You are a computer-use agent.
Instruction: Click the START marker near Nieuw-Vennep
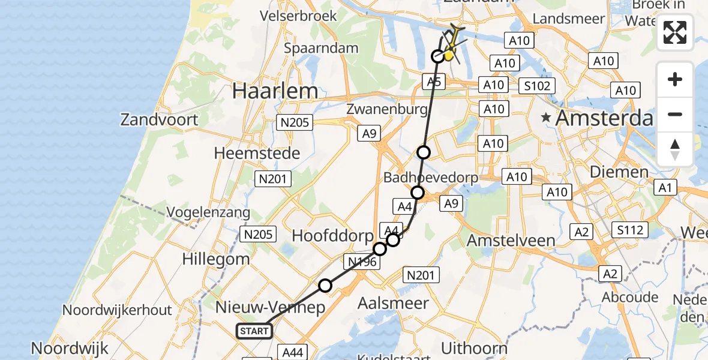click(x=255, y=331)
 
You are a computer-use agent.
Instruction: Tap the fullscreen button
click(x=675, y=32)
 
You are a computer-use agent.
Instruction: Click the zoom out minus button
click(x=675, y=115)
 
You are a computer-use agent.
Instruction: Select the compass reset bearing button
click(x=675, y=149)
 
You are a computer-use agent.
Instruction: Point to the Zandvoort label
click(x=159, y=119)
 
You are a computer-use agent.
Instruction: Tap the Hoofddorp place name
click(x=332, y=236)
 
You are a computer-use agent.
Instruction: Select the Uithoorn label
click(x=474, y=348)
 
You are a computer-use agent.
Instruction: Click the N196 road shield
click(x=362, y=262)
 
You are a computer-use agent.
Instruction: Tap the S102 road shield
click(x=536, y=86)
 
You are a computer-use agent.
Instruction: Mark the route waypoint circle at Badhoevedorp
click(x=418, y=193)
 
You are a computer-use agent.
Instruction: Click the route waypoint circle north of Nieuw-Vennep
click(x=325, y=286)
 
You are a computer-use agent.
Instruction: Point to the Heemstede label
click(x=257, y=154)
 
